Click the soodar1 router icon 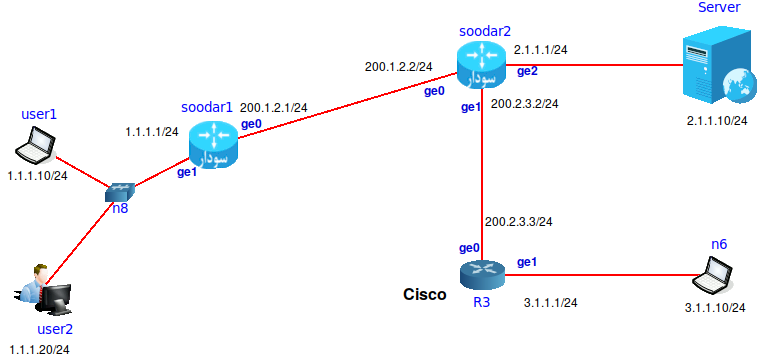click(x=211, y=146)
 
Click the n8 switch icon click(x=120, y=192)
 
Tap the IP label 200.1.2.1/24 click(x=274, y=106)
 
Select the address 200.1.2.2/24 click(x=398, y=68)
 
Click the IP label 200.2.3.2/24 click(x=524, y=103)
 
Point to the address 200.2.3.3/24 click(x=519, y=221)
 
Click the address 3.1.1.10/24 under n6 click(x=716, y=307)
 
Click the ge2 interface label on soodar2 click(x=527, y=71)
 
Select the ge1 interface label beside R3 click(x=527, y=262)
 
